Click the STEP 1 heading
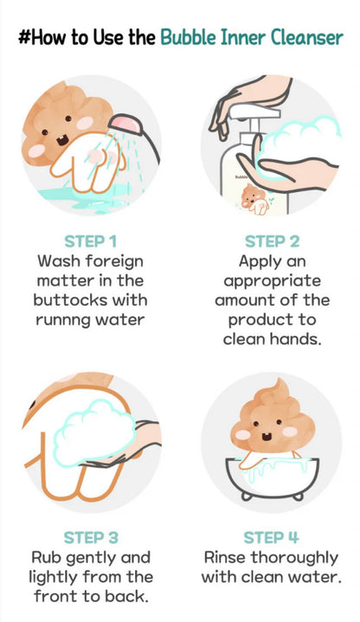(x=91, y=240)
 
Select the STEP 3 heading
(x=91, y=537)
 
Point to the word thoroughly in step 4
(x=297, y=557)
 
